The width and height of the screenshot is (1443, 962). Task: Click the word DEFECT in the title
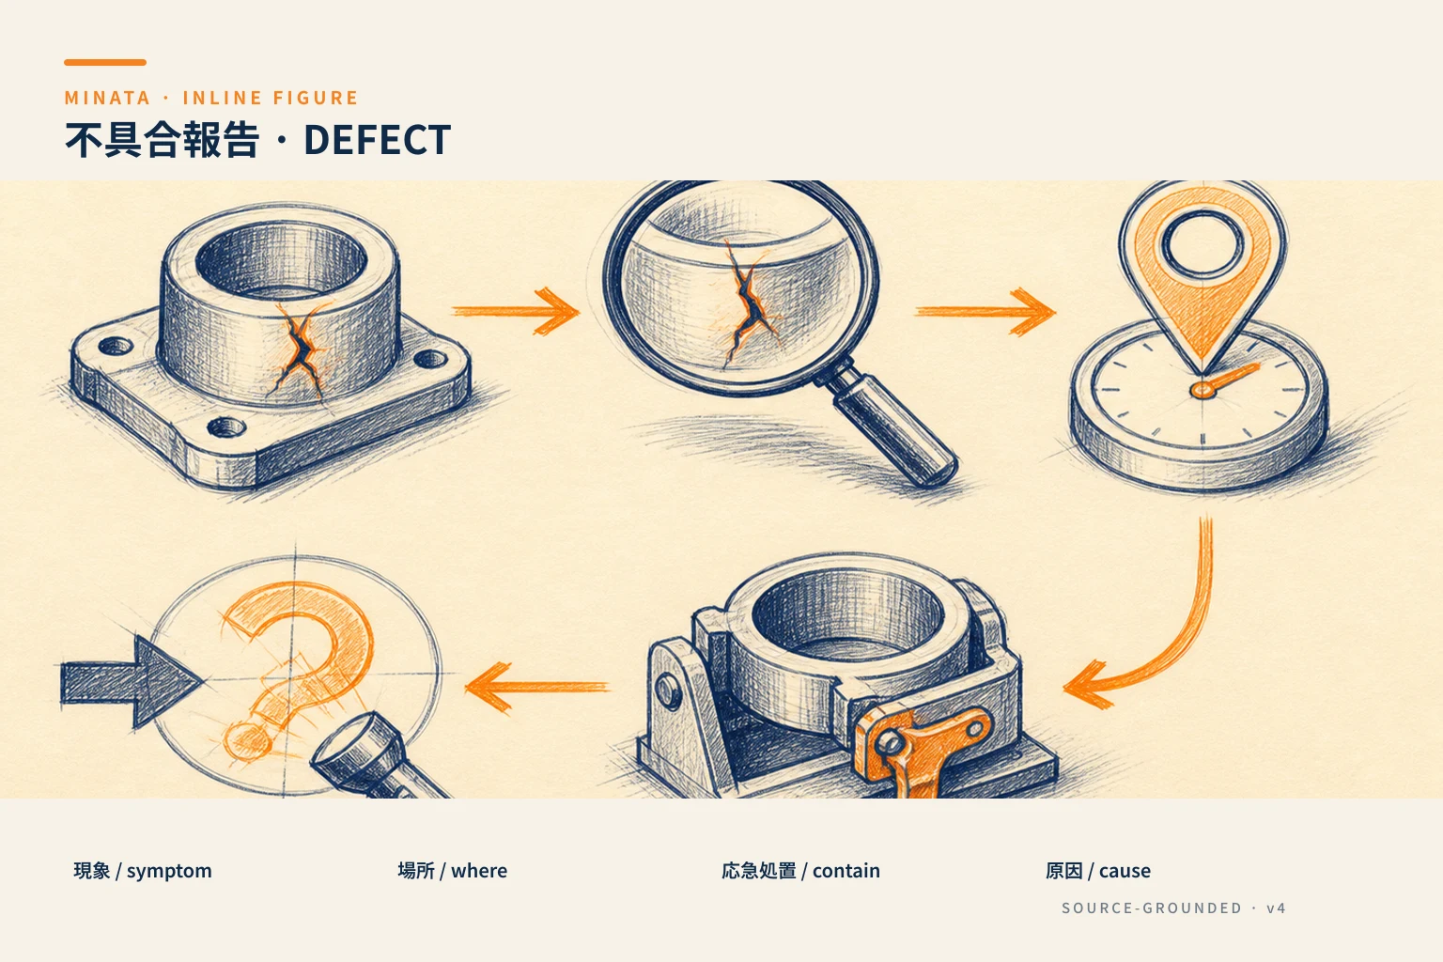(377, 140)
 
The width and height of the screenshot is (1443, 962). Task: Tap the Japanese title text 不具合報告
(162, 140)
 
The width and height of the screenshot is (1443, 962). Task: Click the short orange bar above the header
(105, 63)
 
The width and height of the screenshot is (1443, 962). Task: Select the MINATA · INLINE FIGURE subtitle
(210, 98)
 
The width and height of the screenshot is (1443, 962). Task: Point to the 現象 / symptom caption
(143, 871)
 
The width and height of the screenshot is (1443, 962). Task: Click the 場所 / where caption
(452, 871)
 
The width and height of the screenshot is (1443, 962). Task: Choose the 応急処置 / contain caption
(800, 871)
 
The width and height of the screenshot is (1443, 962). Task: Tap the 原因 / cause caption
(1097, 871)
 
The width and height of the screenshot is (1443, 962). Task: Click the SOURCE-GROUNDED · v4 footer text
(1173, 908)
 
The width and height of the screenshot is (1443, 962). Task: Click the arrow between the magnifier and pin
(985, 312)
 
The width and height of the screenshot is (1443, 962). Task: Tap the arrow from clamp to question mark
(537, 687)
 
